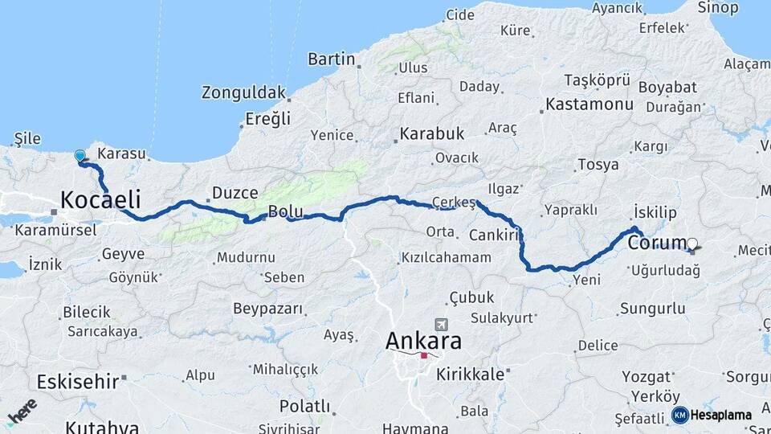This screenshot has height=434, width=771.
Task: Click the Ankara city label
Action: (423, 341)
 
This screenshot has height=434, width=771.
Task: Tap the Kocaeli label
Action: (101, 199)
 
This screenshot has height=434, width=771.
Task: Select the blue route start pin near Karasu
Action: (80, 156)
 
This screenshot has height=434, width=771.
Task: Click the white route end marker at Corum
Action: (692, 243)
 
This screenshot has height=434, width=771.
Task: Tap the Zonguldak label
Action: (243, 92)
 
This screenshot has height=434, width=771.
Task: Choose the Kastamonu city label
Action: (589, 104)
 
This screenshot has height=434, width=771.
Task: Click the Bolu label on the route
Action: (285, 211)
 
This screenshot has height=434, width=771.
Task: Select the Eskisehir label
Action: (77, 381)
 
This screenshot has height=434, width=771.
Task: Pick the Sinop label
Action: (718, 8)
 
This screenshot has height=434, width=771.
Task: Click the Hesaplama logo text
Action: (721, 415)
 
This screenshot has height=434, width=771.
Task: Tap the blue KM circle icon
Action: (679, 415)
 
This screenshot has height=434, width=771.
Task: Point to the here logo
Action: (22, 410)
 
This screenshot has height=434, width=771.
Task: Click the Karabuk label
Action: (432, 133)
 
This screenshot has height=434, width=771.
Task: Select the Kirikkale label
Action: (471, 374)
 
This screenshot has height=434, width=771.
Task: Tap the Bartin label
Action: (331, 59)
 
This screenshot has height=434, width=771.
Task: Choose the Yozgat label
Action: (647, 376)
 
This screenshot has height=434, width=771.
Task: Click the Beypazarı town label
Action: (268, 309)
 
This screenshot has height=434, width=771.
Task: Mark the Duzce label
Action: (235, 193)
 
